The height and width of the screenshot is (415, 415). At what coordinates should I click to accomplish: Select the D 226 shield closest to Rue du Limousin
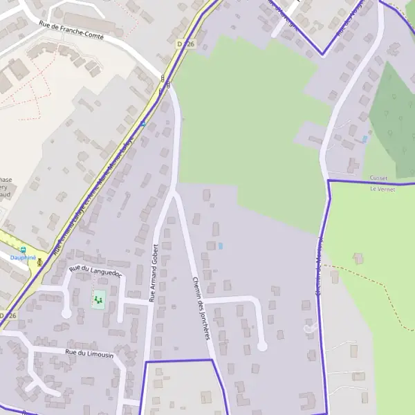(7, 315)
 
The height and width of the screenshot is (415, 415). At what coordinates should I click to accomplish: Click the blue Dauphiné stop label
(23, 257)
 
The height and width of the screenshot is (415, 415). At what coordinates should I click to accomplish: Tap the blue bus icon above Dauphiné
(23, 249)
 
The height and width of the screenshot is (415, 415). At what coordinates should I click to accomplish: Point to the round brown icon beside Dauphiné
(39, 261)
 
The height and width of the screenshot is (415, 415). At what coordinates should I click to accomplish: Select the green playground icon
(98, 300)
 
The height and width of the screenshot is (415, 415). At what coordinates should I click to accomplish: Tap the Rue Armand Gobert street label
(154, 273)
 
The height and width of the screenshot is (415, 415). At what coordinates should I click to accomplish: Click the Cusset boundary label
(378, 178)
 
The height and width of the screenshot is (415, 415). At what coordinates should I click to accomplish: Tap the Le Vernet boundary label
(381, 188)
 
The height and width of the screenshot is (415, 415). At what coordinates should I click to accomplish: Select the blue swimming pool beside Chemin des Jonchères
(221, 246)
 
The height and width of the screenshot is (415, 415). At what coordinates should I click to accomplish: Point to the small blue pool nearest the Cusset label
(365, 139)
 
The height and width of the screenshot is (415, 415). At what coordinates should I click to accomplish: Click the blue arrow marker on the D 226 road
(142, 124)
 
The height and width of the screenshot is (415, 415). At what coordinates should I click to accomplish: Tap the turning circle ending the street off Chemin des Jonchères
(262, 346)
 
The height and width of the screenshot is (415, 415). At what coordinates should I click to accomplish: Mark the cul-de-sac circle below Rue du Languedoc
(66, 313)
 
